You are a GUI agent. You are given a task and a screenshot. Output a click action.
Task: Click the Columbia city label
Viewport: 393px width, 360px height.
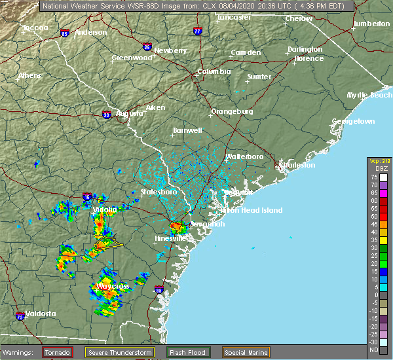click(215, 71)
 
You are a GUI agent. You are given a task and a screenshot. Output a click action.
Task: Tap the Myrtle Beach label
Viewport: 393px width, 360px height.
click(369, 95)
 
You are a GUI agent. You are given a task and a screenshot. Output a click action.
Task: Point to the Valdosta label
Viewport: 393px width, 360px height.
click(39, 314)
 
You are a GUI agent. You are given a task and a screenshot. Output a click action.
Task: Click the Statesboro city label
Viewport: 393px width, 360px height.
click(159, 192)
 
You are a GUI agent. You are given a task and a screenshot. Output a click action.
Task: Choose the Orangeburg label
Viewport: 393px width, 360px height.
click(231, 111)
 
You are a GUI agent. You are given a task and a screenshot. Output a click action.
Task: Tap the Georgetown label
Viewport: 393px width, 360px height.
click(353, 122)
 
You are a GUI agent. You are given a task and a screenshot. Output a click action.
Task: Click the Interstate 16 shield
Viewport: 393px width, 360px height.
click(87, 196)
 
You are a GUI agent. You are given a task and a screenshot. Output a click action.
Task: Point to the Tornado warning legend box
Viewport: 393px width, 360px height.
click(57, 352)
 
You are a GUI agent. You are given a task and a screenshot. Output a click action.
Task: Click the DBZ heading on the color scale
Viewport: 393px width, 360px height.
click(376, 169)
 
